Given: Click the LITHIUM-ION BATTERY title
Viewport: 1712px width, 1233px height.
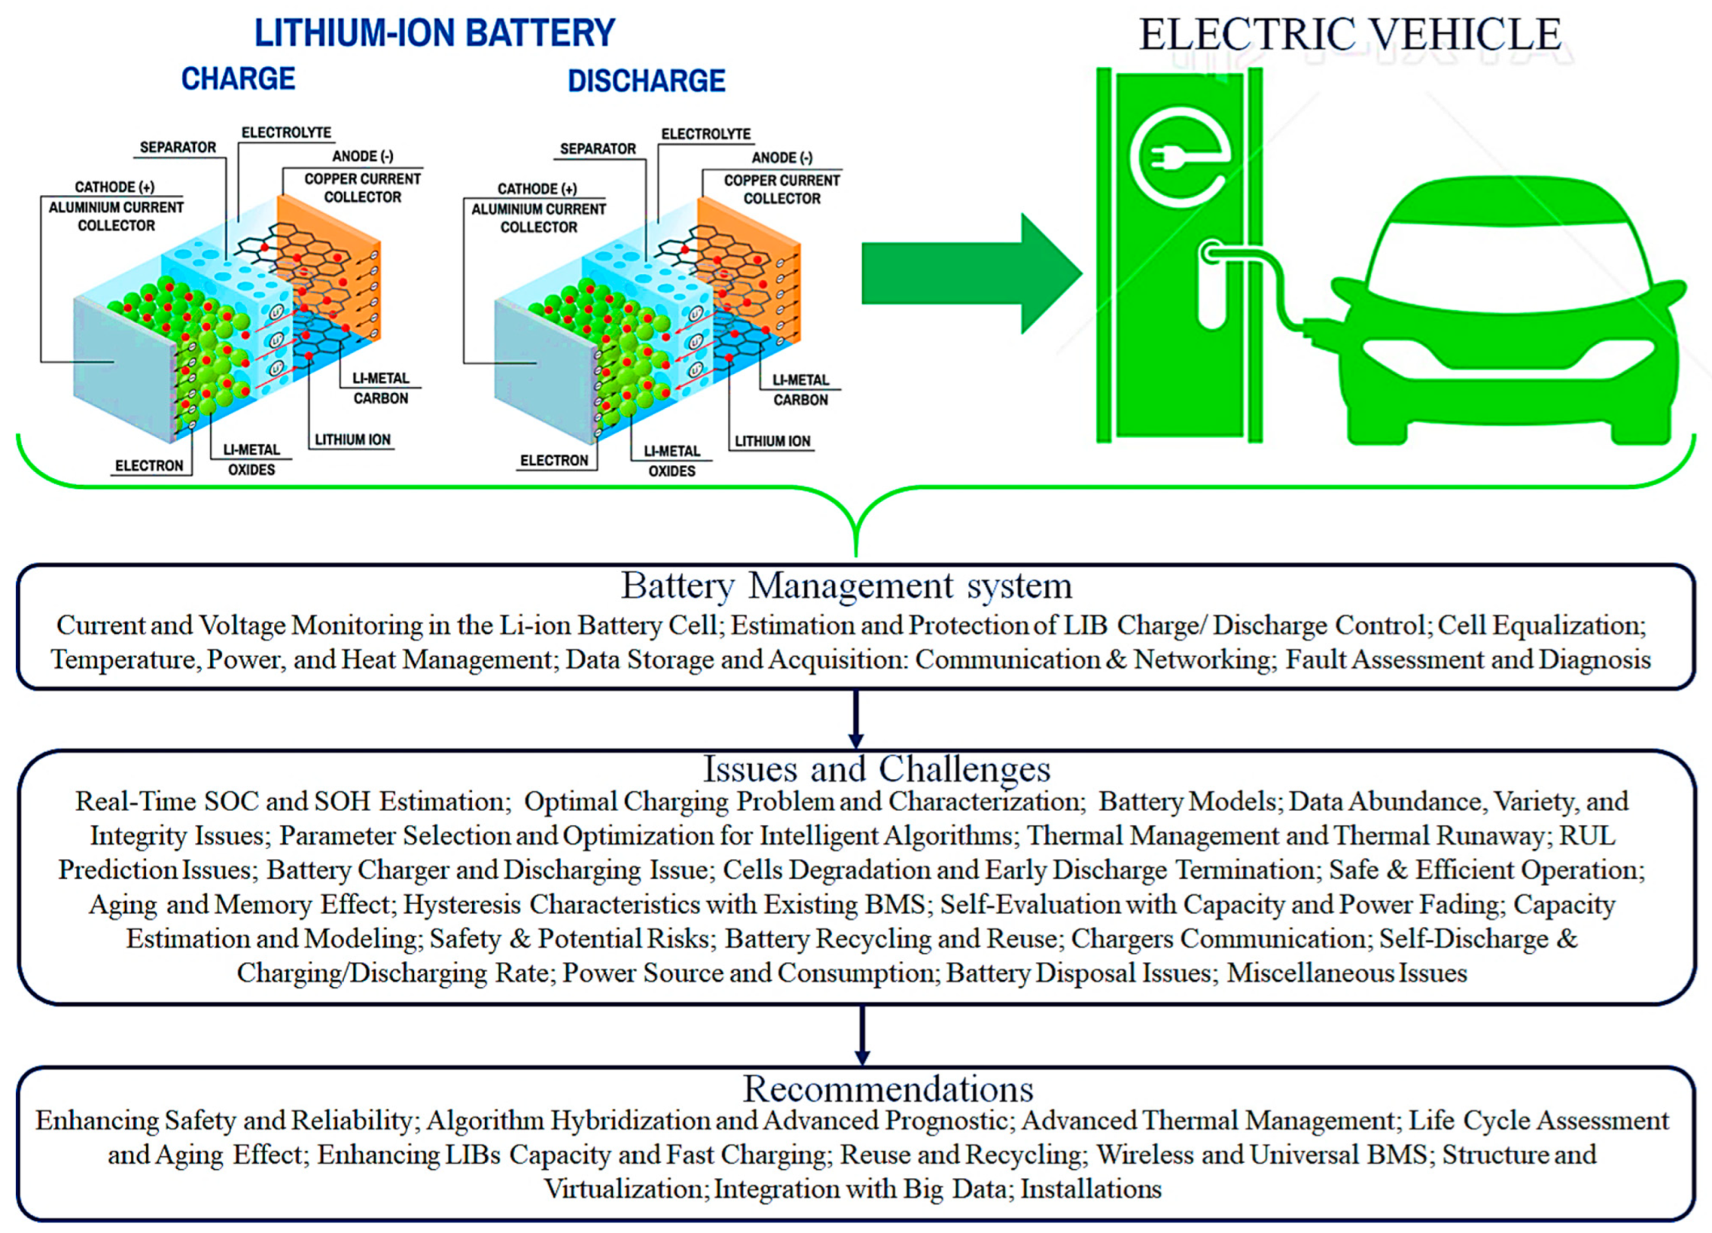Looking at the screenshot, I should click(434, 34).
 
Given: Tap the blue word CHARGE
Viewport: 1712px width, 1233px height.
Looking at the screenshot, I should click(238, 78).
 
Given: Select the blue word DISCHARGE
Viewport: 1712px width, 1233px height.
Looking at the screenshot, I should click(646, 81).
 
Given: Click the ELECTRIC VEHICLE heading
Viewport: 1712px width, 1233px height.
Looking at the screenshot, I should click(1349, 35).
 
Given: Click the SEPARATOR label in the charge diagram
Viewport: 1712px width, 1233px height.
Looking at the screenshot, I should click(177, 147).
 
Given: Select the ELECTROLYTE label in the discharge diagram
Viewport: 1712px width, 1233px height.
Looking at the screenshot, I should click(706, 134).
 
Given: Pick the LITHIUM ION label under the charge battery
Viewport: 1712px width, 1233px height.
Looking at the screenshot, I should click(352, 439).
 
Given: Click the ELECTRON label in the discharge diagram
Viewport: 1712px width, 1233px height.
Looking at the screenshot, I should click(554, 461).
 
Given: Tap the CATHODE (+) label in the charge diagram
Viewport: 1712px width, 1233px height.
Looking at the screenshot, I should click(114, 187).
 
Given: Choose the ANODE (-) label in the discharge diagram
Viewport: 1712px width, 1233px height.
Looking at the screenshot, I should click(782, 158).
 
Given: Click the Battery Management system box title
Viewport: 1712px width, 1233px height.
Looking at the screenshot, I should click(846, 586).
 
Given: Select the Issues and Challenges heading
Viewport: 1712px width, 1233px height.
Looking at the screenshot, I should click(876, 769).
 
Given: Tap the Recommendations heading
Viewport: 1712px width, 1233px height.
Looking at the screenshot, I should click(888, 1089).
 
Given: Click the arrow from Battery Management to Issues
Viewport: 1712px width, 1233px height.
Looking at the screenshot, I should click(856, 720).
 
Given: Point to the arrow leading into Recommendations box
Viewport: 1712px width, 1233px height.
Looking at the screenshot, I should click(862, 1036).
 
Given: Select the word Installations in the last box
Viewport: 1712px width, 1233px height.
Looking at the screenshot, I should click(1090, 1189).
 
